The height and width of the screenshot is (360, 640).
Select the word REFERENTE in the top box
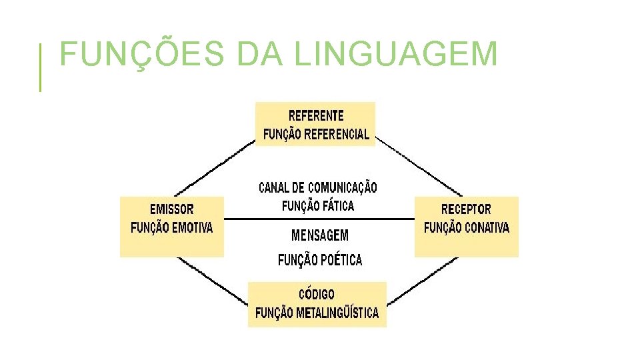click(x=316, y=115)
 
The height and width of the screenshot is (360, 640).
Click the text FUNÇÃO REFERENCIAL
click(x=316, y=134)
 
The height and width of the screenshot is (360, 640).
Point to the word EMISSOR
click(x=172, y=209)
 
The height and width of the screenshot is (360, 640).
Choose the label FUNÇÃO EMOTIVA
click(x=172, y=228)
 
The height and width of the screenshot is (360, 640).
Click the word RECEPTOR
click(x=466, y=209)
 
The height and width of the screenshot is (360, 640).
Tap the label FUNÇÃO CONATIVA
click(x=466, y=228)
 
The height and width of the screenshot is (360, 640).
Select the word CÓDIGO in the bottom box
click(x=317, y=294)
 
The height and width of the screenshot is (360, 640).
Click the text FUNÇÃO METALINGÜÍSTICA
click(x=317, y=313)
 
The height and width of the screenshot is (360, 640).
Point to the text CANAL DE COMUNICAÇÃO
click(x=317, y=188)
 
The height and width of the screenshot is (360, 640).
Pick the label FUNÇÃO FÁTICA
click(x=318, y=206)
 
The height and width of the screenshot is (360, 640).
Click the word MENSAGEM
click(x=320, y=235)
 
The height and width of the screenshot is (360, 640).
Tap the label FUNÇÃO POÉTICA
click(x=320, y=260)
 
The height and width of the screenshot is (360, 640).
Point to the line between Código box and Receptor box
click(x=421, y=280)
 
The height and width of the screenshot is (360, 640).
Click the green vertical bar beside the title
click(x=40, y=67)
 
